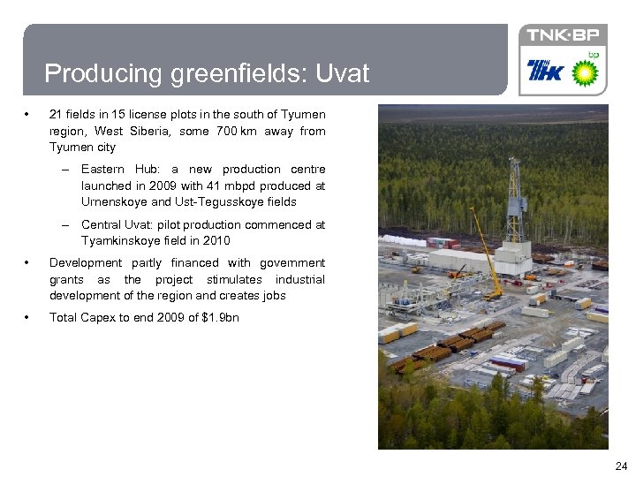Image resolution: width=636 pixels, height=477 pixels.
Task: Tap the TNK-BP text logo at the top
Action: [563, 35]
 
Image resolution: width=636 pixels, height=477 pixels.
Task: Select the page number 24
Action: [620, 466]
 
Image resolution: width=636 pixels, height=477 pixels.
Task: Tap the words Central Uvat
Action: [114, 224]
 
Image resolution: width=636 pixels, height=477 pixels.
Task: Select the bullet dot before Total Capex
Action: [29, 317]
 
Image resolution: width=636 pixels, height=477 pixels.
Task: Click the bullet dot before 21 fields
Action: [29, 115]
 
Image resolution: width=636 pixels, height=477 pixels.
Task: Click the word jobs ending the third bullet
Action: [274, 295]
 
